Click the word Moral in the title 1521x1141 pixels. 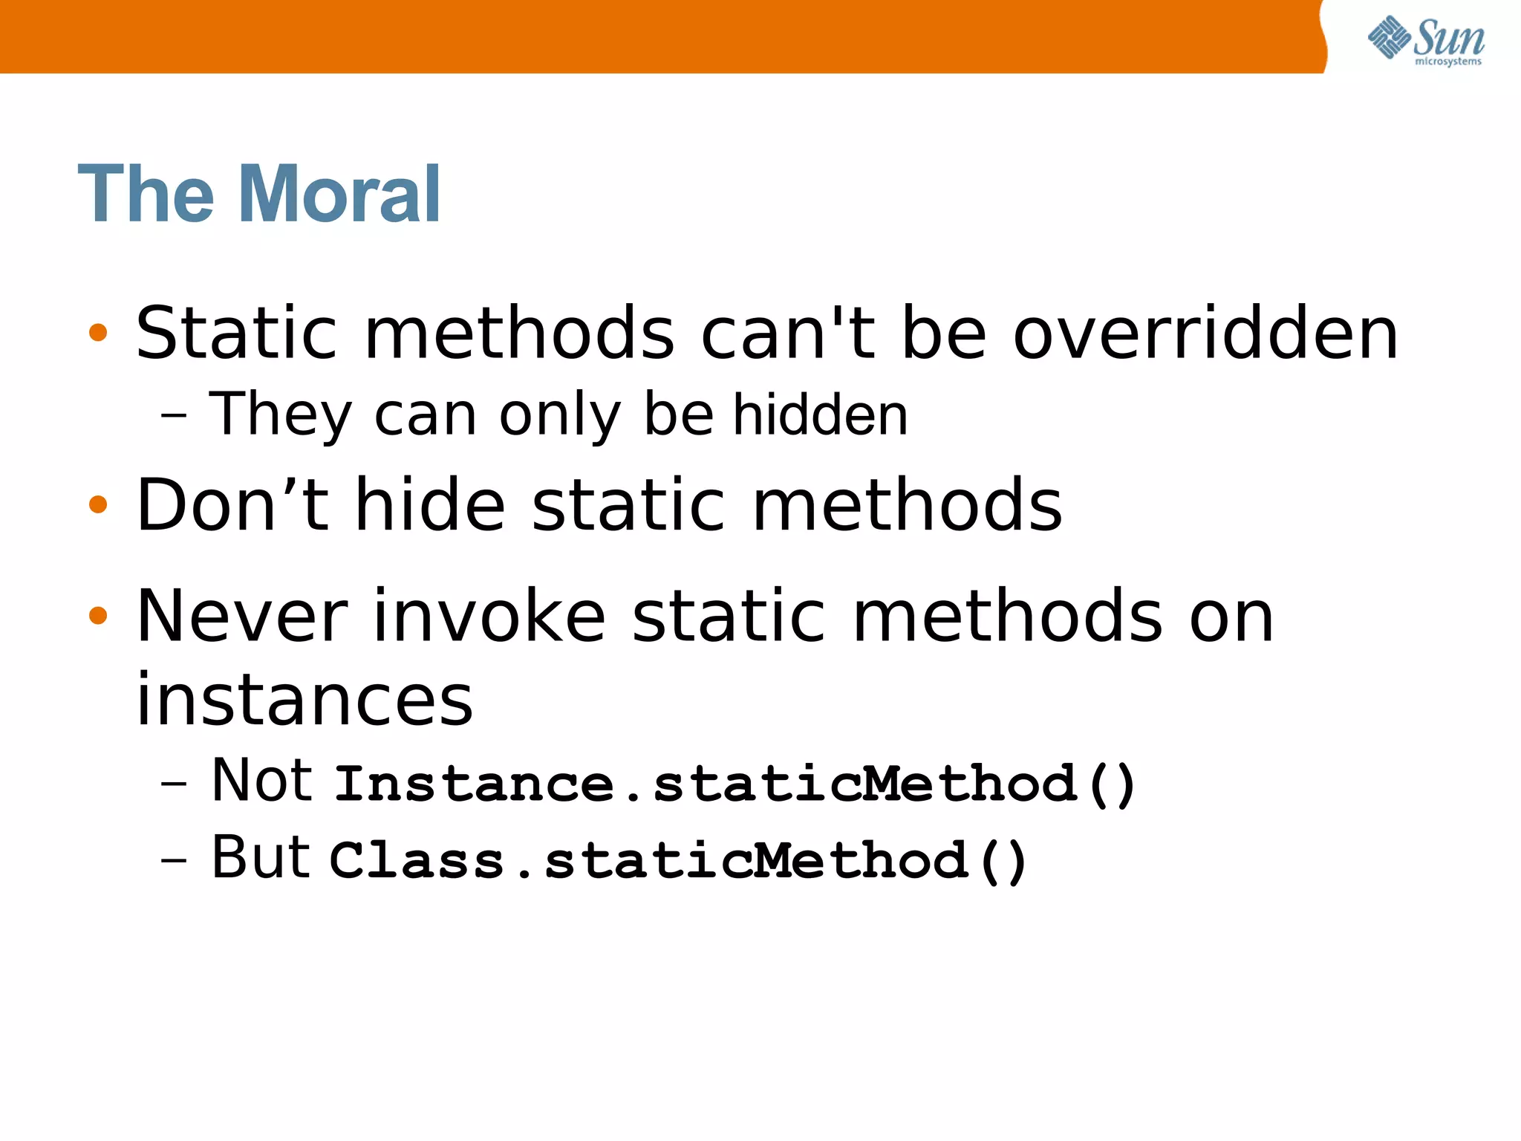pos(339,194)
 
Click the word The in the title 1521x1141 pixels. pos(146,194)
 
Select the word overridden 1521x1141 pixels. pos(1206,334)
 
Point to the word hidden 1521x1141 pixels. pos(820,415)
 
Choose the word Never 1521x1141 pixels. pos(242,616)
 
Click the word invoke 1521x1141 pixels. pos(489,616)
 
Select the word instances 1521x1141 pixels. pos(304,699)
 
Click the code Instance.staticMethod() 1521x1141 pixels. pos(735,784)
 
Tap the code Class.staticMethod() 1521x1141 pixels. pos(678,861)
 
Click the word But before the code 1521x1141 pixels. pos(260,857)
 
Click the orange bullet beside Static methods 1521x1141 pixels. pos(98,332)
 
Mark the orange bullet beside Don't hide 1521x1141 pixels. pos(98,505)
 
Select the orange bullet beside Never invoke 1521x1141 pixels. pos(98,615)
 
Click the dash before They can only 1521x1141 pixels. pos(173,417)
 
